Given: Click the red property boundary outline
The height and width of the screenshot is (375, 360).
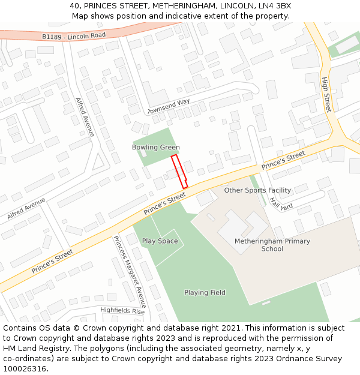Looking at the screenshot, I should point(179,172).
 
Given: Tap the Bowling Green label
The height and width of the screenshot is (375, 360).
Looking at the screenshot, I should point(156,147).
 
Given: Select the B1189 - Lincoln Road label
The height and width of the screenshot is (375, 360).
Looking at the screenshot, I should point(74,36).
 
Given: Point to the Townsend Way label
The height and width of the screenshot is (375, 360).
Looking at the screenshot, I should point(169,106).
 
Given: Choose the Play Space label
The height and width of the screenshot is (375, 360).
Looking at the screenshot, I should point(160,241).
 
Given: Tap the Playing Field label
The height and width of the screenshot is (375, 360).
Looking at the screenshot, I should point(205,293).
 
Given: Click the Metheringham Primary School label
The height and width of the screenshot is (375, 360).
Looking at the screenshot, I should point(272,245).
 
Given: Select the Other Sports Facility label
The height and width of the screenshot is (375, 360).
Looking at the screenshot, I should point(257,190).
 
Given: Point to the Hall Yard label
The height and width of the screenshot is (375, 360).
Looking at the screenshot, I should point(280,203).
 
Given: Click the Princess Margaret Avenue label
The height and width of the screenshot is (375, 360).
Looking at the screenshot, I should point(130,271).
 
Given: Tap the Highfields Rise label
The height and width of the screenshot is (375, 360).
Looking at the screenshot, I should point(122,310).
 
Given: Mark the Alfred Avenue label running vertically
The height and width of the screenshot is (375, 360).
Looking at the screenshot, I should point(85,117).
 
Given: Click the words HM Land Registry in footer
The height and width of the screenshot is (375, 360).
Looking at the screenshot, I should point(34,348).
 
